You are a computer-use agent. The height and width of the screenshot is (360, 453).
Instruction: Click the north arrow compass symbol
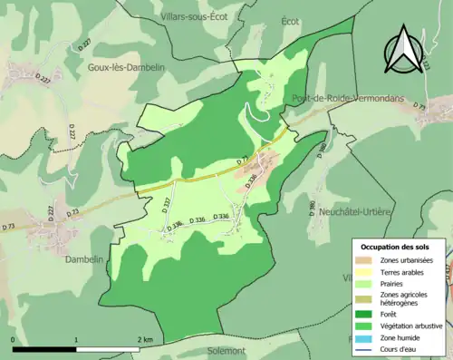click(x=400, y=50)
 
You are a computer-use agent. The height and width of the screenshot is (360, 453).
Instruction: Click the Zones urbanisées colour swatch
click(x=368, y=260)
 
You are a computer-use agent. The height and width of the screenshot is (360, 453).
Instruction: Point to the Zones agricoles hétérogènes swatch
click(x=368, y=297)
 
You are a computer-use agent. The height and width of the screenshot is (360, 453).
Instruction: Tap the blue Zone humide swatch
click(x=368, y=336)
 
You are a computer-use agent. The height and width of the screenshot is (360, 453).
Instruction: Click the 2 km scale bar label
click(x=145, y=338)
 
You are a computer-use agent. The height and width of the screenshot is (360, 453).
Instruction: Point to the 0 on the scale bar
click(x=14, y=338)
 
